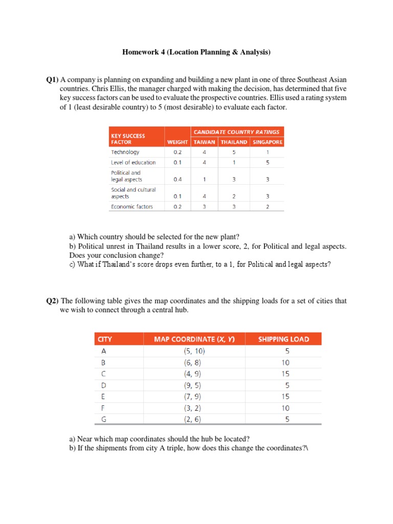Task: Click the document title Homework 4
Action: [x=196, y=52]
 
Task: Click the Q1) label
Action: [x=53, y=80]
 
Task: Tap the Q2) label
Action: [x=53, y=301]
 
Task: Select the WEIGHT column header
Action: [x=177, y=142]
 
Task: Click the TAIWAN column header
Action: [x=205, y=142]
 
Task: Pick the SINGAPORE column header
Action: [x=267, y=142]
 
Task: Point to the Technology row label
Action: [x=125, y=152]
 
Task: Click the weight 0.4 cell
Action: [x=177, y=180]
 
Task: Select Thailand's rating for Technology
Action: [x=233, y=152]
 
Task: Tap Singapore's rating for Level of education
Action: [x=267, y=162]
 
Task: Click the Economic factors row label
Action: [x=132, y=207]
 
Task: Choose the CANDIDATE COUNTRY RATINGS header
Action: [x=236, y=132]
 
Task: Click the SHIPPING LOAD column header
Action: [x=283, y=339]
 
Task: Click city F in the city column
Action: [x=104, y=408]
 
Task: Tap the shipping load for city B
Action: [x=285, y=363]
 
